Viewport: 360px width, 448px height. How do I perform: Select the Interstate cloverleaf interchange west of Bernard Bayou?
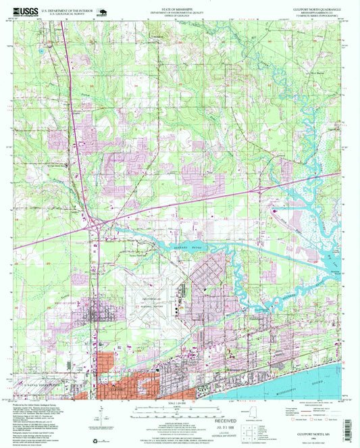95,221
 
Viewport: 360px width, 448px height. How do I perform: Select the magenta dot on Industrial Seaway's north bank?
274,211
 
